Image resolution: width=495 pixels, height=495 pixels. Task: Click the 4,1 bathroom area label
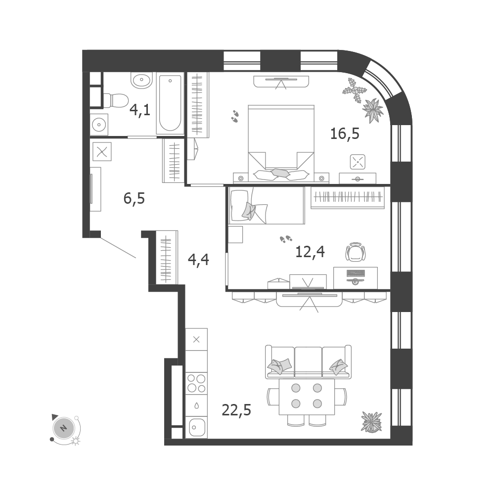[x=140, y=110]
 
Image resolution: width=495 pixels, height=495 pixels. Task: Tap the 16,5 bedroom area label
[x=345, y=134]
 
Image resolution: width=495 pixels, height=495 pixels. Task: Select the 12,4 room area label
[x=310, y=252]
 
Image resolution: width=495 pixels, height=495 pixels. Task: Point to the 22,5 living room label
[x=236, y=410]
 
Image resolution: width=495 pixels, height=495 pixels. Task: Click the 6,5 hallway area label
[x=134, y=199]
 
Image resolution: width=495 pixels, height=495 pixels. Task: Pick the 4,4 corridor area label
[x=198, y=260]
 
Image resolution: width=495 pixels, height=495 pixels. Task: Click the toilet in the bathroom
[x=116, y=100]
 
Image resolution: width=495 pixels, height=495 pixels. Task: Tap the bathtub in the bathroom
[x=170, y=104]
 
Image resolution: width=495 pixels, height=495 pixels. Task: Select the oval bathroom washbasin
[x=142, y=81]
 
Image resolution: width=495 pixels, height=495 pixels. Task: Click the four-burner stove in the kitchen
[x=196, y=383]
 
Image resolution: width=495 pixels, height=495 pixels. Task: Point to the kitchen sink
[x=196, y=427]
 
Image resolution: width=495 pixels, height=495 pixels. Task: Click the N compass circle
[x=64, y=428]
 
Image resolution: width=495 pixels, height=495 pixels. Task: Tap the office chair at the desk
[x=356, y=252]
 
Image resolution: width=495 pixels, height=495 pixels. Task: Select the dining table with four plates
[x=307, y=397]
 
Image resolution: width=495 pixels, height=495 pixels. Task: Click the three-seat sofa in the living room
[x=308, y=362]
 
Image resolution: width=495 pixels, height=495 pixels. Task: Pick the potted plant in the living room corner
[x=371, y=421]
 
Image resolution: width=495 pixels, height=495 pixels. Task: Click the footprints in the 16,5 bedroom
[x=235, y=116]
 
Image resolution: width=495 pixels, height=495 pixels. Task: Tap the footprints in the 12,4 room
[x=286, y=239]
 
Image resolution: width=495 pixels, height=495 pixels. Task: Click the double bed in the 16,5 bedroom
[x=281, y=143]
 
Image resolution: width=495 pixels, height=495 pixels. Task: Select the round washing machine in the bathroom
[x=99, y=125]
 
